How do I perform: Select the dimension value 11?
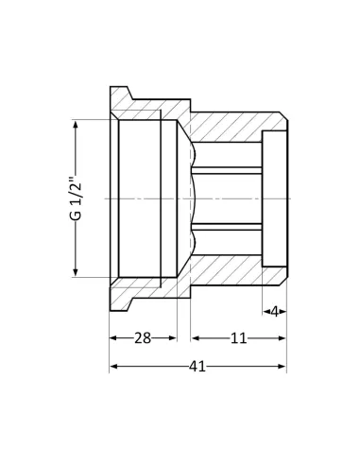238,337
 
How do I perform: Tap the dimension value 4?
275,310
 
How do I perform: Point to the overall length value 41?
197,366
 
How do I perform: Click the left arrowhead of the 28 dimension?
113,337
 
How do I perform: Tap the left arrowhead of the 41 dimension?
113,366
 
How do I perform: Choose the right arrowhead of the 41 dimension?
283,366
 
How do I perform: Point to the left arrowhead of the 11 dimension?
195,337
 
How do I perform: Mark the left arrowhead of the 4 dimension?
266,310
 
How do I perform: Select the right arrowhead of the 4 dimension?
283,310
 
